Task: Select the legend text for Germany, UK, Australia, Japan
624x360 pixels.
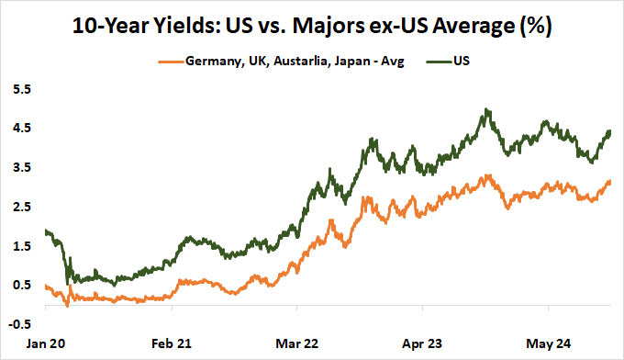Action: tap(295, 62)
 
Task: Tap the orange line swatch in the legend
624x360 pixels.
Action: tap(170, 62)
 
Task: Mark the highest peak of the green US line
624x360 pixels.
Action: tap(485, 109)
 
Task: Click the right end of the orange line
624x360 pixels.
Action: tap(610, 182)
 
